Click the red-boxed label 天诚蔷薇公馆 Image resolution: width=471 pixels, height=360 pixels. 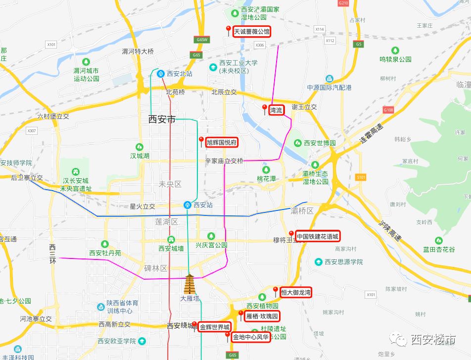click(x=252, y=32)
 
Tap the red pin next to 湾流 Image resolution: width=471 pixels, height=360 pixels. click(x=265, y=108)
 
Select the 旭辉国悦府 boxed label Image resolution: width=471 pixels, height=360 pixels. click(x=221, y=143)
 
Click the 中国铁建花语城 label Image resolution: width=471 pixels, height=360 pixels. click(x=318, y=236)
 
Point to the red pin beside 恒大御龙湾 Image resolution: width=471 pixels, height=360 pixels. click(x=276, y=290)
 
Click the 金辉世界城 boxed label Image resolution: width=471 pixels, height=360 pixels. click(x=215, y=327)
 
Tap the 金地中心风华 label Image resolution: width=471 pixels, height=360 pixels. click(x=251, y=338)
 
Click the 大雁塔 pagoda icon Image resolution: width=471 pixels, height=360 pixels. click(x=190, y=285)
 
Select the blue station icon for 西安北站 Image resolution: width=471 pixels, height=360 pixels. click(x=161, y=74)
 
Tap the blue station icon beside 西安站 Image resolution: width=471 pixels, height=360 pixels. click(x=188, y=205)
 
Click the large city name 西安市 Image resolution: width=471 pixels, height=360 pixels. click(x=162, y=120)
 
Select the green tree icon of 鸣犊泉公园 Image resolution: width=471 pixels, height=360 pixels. click(x=395, y=51)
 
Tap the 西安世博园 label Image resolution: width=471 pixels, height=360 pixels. click(x=320, y=143)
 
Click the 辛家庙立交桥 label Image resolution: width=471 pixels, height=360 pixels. click(x=224, y=161)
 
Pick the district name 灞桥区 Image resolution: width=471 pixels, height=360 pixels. click(x=302, y=211)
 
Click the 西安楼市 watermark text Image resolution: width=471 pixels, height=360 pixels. click(x=433, y=340)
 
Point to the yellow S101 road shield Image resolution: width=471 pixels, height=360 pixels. click(x=360, y=177)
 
